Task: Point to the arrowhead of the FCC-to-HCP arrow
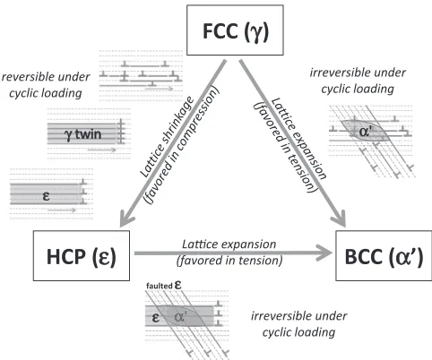click(x=126, y=220)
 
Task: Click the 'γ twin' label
click(x=82, y=134)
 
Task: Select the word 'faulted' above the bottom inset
click(x=160, y=286)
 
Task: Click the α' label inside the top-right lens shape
click(x=365, y=131)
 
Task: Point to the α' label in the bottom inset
click(x=180, y=317)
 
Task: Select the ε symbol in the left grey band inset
click(x=46, y=196)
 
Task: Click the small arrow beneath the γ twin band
click(x=101, y=150)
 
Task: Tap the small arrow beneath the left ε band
click(x=62, y=210)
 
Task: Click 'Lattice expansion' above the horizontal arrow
click(x=229, y=244)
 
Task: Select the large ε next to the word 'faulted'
click(x=178, y=285)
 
